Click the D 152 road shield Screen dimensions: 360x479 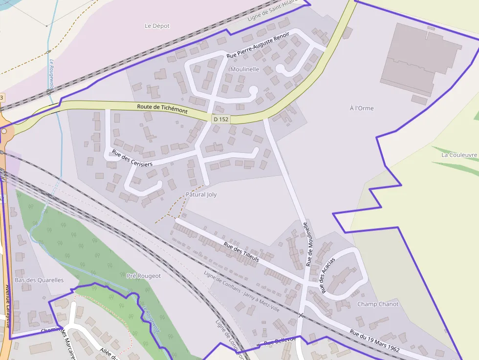pos(221,119)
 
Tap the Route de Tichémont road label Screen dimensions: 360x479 pos(162,108)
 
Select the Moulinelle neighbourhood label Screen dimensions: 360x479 pos(244,69)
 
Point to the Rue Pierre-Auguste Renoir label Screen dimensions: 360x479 pos(258,45)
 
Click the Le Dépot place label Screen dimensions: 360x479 pos(157,26)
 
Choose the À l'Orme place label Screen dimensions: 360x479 pos(362,108)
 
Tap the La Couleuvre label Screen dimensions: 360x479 pos(459,155)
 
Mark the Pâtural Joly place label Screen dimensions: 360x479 pos(201,194)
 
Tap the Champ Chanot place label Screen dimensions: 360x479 pos(378,304)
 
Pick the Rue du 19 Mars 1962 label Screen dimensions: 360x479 pos(374,341)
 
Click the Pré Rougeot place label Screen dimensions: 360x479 pos(144,275)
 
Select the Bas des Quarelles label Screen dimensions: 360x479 pos(39,280)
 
